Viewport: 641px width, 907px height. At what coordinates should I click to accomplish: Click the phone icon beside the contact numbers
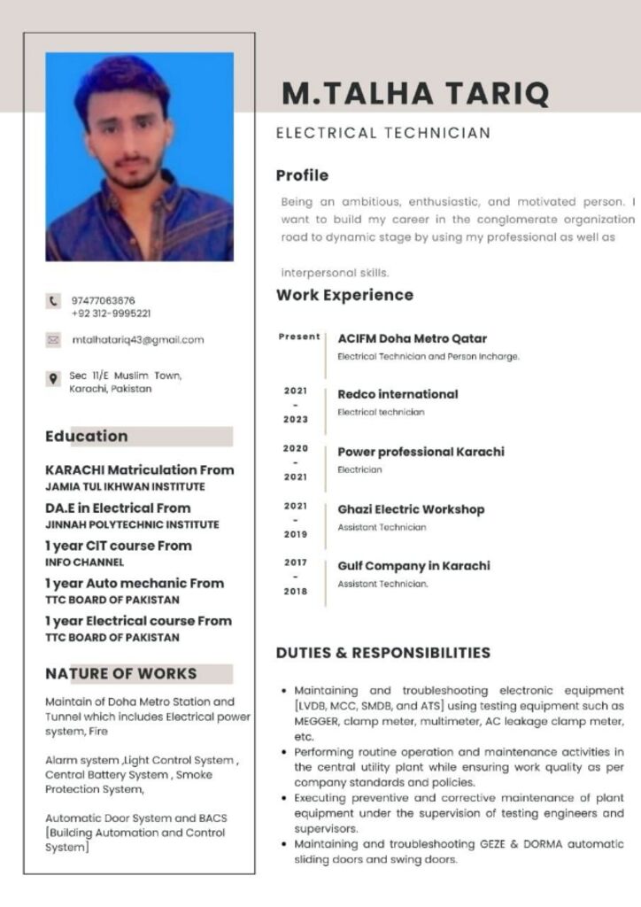click(x=52, y=302)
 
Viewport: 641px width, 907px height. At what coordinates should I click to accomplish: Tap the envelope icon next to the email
click(x=53, y=339)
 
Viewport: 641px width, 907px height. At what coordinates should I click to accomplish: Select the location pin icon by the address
click(x=53, y=379)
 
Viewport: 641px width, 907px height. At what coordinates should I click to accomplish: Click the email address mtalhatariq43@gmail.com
click(x=137, y=339)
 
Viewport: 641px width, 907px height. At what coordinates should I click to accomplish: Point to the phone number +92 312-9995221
click(x=111, y=314)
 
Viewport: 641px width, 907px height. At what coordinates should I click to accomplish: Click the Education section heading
click(x=87, y=436)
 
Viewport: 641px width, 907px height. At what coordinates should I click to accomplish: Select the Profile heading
click(x=302, y=175)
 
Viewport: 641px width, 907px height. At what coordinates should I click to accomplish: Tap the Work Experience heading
click(x=344, y=295)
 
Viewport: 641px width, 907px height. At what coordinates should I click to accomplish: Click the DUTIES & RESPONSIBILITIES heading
click(x=382, y=653)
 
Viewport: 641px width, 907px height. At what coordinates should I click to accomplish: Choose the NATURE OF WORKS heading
click(x=121, y=673)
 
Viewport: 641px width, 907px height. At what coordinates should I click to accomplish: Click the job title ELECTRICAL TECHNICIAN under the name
click(x=382, y=133)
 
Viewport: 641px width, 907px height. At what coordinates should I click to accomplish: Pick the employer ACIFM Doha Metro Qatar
click(x=412, y=338)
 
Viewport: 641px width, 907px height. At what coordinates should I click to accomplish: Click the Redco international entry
click(x=398, y=394)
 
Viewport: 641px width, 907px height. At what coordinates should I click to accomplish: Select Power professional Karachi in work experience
click(x=421, y=452)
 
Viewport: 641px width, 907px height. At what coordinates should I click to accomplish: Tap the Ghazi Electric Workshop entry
click(x=411, y=509)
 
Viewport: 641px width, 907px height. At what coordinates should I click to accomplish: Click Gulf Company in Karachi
click(x=413, y=566)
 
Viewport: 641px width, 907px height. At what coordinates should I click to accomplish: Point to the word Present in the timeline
click(x=299, y=337)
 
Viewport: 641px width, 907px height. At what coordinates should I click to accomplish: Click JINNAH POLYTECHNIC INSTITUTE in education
click(x=132, y=524)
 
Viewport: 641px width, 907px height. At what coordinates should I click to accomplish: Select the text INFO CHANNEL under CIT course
click(x=85, y=562)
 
